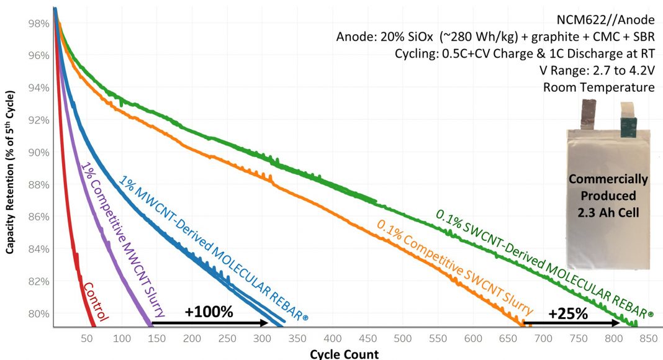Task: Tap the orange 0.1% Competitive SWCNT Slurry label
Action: tap(453, 266)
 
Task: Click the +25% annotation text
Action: tap(567, 313)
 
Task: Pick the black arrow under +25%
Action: tap(571, 323)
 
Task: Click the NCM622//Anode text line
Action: tap(615, 20)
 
